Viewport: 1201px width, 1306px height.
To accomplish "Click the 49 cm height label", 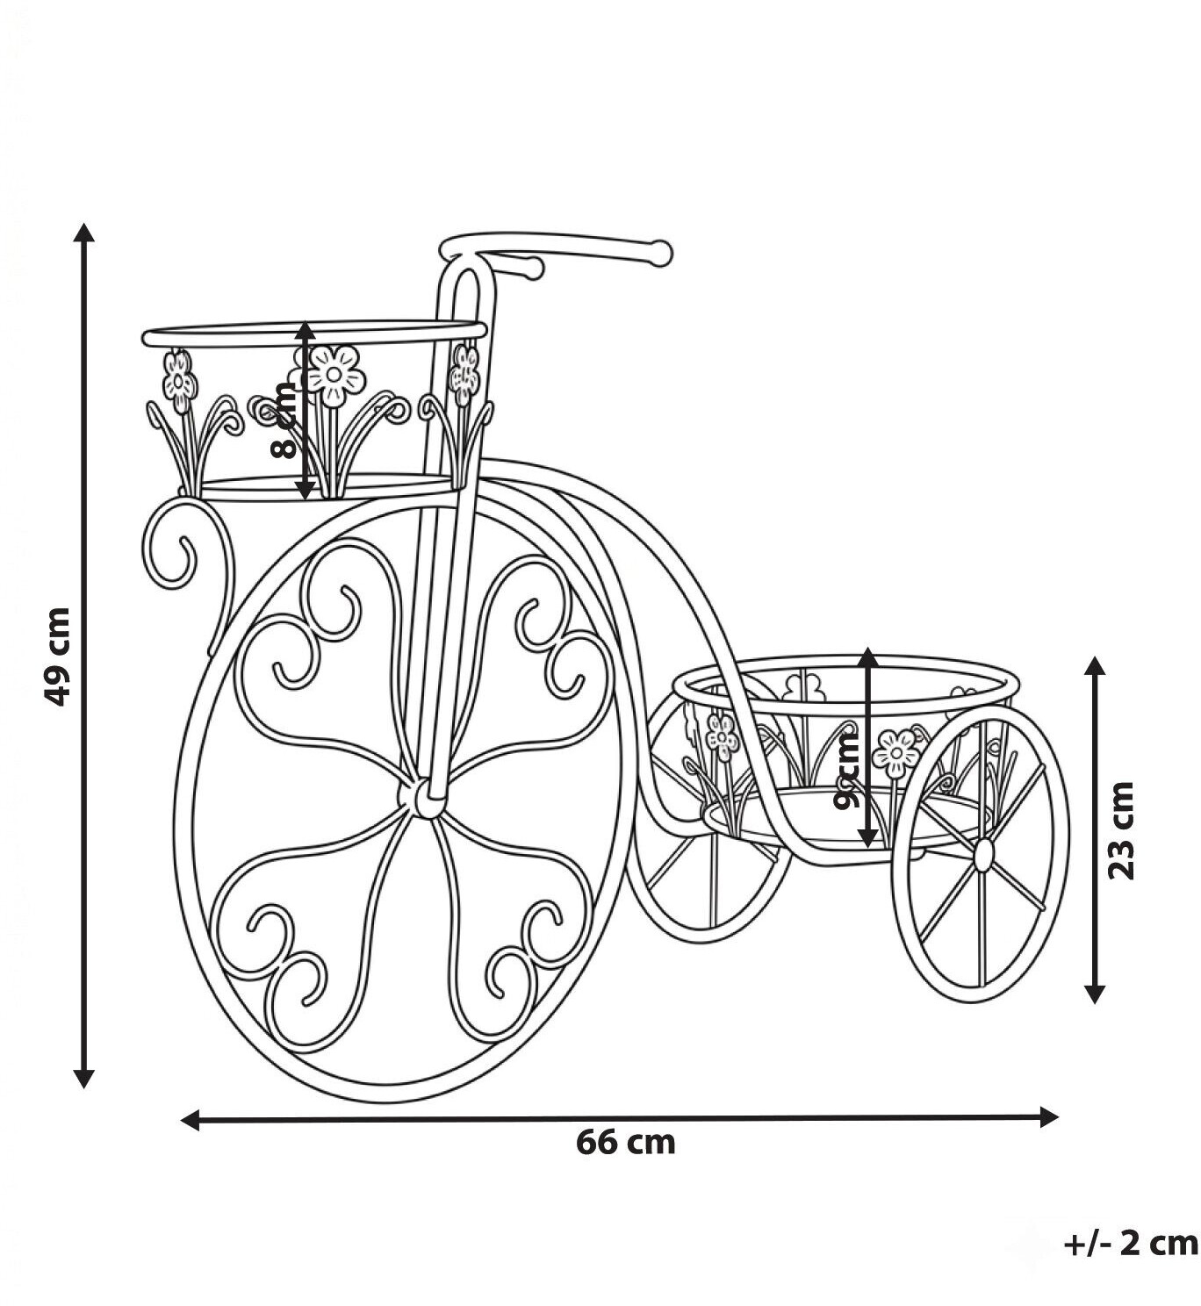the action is click(57, 657).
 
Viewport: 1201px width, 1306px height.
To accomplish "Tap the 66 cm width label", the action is click(625, 1143).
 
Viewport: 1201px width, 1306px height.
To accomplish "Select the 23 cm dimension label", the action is click(1121, 831).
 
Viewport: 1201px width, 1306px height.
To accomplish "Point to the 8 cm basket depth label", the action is click(284, 421).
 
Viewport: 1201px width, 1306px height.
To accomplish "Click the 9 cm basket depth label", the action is click(847, 771).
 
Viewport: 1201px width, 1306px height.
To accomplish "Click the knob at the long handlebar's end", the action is click(662, 254).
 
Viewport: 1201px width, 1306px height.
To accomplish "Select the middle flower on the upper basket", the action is click(334, 376).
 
